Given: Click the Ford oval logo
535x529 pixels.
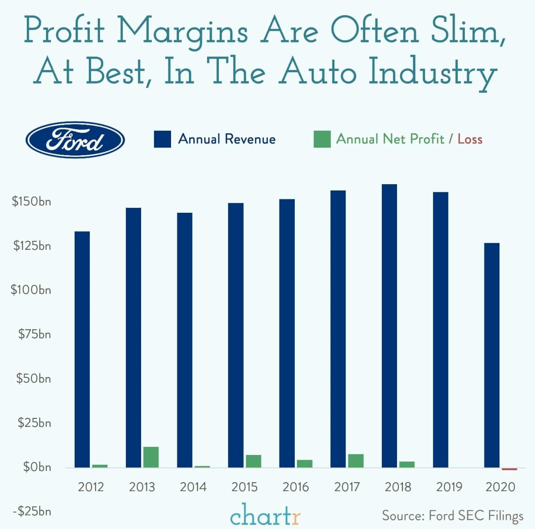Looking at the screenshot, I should tap(75, 140).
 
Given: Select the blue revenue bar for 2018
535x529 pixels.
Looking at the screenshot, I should tap(389, 326).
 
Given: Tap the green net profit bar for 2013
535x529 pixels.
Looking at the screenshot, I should tap(151, 457).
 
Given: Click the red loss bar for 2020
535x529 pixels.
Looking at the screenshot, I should tap(509, 469).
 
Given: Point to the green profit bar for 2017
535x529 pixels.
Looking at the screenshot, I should tap(356, 460).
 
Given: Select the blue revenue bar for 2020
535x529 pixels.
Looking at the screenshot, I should tap(492, 355).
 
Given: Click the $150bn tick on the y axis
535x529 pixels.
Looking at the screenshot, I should tap(31, 202).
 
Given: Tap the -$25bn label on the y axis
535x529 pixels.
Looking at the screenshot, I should tap(31, 511).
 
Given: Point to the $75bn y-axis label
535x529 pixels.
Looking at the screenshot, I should tap(34, 334).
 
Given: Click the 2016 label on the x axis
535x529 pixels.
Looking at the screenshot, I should tap(296, 487).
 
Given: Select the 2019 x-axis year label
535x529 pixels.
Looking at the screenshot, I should tap(449, 487).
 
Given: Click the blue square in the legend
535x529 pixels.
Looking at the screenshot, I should tap(162, 139).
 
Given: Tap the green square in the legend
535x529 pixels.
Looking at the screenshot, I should tap(322, 139).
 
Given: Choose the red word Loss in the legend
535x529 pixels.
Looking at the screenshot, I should tap(470, 139).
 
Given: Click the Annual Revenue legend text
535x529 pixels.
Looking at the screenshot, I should tap(227, 139).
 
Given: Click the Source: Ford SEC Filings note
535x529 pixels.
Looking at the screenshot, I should tap(452, 516).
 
